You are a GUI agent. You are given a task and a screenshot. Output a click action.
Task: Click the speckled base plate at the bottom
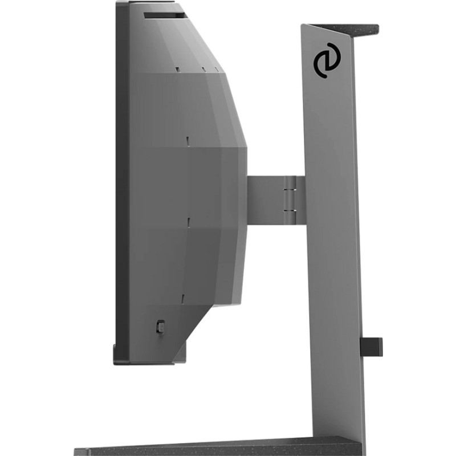click(x=217, y=448)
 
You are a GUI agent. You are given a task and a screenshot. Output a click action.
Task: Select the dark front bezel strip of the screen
click(x=121, y=182)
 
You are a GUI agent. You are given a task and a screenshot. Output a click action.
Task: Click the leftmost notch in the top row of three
click(x=177, y=68)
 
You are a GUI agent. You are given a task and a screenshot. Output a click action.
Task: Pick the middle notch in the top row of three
click(x=203, y=70)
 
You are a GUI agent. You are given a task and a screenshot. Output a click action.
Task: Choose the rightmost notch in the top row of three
click(x=217, y=70)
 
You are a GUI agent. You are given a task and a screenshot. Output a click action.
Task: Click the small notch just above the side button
click(x=184, y=297)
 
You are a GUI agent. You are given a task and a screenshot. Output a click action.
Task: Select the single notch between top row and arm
click(x=187, y=139)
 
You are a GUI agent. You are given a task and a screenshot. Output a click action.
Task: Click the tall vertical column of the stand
click(x=333, y=256)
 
